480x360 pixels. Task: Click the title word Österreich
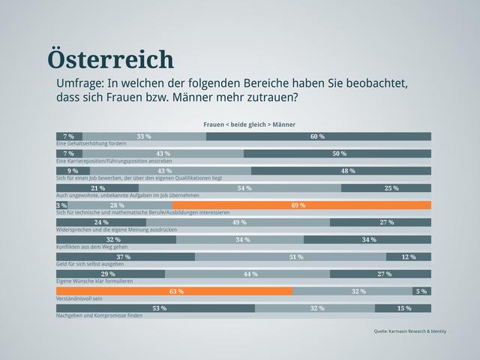(110, 59)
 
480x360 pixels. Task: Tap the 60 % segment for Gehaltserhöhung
(318, 136)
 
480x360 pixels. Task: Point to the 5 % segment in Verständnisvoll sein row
(421, 291)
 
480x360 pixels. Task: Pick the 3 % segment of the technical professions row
(61, 205)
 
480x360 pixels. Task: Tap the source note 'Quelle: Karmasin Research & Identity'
(409, 331)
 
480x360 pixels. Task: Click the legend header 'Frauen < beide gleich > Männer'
(249, 124)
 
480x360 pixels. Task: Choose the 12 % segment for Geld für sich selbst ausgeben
(409, 256)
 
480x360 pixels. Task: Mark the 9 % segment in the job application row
(73, 170)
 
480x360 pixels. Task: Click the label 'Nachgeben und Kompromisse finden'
(99, 316)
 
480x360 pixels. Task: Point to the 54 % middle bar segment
(244, 187)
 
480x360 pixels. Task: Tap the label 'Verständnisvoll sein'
(79, 298)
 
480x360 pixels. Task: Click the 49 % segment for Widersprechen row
(238, 222)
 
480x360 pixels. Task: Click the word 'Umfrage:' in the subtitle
(79, 83)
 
